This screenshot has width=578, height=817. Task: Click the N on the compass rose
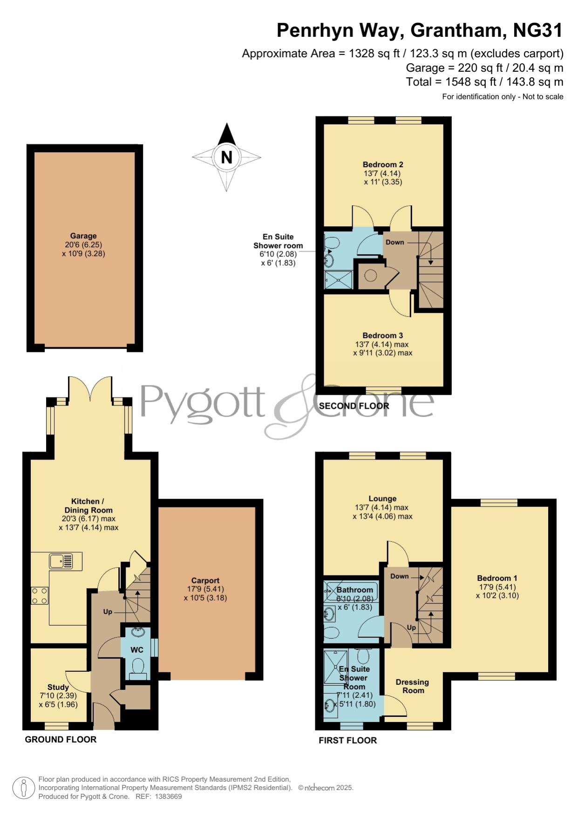tap(226, 157)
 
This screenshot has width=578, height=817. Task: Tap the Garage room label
tap(83, 236)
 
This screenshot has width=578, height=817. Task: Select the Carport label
tap(205, 581)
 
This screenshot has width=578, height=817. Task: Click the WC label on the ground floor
tap(137, 650)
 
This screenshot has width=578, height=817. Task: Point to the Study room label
tap(58, 687)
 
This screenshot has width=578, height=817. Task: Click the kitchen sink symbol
tap(61, 561)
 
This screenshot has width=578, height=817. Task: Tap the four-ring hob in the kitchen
tap(40, 596)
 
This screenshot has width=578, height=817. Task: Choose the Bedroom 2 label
tap(383, 164)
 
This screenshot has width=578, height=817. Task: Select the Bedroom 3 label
tap(383, 335)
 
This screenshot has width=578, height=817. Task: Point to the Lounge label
tap(382, 499)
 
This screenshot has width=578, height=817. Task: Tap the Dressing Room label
tap(413, 686)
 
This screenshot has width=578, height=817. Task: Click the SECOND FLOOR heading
tap(354, 406)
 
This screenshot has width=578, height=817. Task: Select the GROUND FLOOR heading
tap(61, 739)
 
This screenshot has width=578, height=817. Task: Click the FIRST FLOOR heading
tap(348, 740)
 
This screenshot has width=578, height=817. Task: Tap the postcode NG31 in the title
tap(538, 30)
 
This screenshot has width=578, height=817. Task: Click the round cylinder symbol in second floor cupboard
tap(370, 276)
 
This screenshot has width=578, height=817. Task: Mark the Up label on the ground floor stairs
tap(108, 612)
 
